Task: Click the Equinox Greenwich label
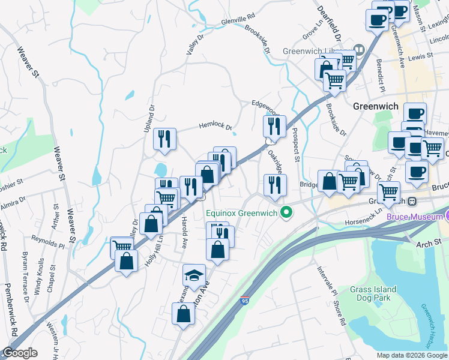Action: (x=243, y=212)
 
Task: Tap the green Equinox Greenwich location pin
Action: (x=287, y=212)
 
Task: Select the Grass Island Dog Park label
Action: (x=372, y=292)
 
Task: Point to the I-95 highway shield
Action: (x=244, y=299)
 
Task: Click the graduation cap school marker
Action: (x=193, y=275)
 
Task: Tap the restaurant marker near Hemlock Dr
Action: (x=164, y=139)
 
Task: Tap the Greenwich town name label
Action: (x=376, y=106)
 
